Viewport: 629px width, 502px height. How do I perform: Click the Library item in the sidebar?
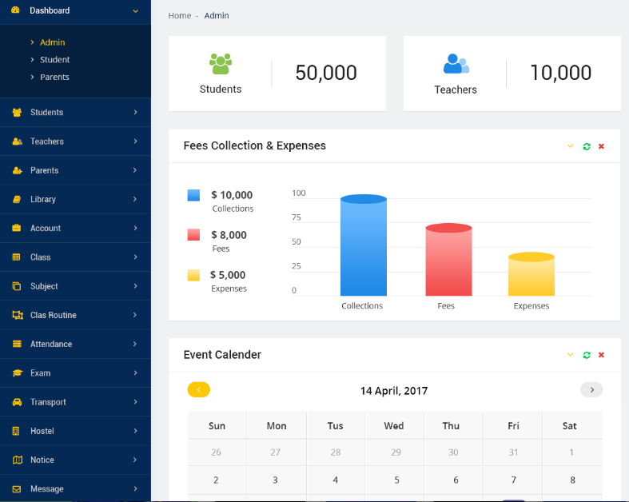43,199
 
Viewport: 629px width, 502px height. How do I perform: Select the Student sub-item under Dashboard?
54,60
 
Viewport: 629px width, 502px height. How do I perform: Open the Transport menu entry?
48,402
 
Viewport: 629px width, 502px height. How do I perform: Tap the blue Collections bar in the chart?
363,248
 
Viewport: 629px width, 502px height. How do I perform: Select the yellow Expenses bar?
531,276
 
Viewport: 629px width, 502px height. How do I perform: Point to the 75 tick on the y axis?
297,217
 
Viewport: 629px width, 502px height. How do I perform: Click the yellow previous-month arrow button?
198,390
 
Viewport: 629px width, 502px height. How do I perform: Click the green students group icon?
221,63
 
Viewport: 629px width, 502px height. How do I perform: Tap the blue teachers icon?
456,63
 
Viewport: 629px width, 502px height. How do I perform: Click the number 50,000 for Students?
326,73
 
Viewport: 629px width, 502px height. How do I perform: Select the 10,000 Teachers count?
560,73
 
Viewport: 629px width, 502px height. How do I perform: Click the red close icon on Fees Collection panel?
601,146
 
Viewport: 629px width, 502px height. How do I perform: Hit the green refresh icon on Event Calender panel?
587,355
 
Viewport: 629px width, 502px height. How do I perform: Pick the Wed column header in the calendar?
394,426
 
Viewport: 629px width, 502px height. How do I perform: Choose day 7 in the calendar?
513,480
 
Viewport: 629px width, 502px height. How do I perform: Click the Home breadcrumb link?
180,16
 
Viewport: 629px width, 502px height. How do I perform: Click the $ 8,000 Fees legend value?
229,235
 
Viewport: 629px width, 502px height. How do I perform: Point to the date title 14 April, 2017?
394,391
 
